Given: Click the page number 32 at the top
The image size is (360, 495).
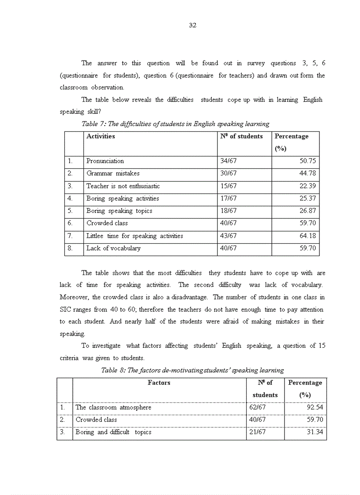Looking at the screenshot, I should click(x=192, y=25).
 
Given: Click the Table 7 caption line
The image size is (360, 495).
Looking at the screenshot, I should click(x=175, y=124).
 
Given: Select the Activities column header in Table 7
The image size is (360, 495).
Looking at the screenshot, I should click(x=101, y=137).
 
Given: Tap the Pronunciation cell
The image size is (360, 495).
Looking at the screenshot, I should click(x=105, y=161).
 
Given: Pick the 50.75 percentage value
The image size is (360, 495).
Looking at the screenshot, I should click(x=307, y=161).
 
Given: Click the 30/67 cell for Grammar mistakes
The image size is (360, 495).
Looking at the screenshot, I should click(x=229, y=174).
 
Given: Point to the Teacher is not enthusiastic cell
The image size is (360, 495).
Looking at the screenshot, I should click(x=123, y=186).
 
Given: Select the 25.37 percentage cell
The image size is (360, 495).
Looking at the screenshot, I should click(x=307, y=199).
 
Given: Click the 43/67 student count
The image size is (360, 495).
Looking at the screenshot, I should click(x=229, y=236).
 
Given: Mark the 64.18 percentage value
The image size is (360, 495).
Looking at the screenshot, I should click(x=307, y=236).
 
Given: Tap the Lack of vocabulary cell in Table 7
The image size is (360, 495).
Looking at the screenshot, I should click(x=113, y=249).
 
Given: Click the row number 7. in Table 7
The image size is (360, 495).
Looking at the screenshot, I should click(x=70, y=236).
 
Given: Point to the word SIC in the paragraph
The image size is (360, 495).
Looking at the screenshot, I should click(x=65, y=310).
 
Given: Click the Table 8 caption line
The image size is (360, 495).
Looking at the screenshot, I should click(x=192, y=370).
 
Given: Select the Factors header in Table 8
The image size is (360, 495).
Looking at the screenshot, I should click(x=159, y=383).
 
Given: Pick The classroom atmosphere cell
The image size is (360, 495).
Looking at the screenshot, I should click(x=113, y=408).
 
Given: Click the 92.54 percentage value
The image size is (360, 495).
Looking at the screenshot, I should click(x=315, y=408).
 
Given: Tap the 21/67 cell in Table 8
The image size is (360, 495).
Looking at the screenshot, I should click(x=257, y=432).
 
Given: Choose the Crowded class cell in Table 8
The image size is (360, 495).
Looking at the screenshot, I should click(x=96, y=420).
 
